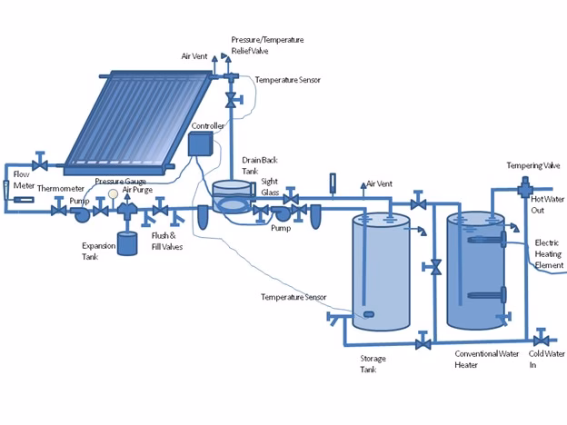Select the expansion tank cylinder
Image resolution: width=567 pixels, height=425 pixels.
(x=127, y=243)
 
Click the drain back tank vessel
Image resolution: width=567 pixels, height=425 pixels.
(x=232, y=197)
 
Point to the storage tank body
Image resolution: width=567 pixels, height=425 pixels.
(x=381, y=272)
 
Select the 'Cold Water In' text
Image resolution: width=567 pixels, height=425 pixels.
(x=547, y=359)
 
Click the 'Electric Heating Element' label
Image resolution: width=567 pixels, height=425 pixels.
(x=550, y=253)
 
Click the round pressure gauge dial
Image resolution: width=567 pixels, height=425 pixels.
(x=112, y=193)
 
